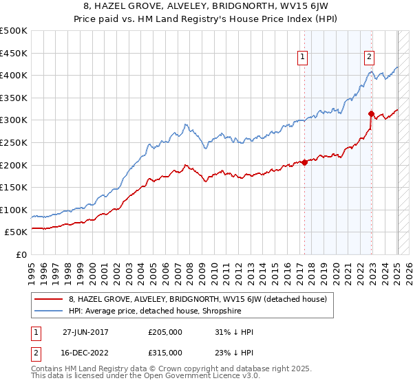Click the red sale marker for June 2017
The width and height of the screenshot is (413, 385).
tap(304, 163)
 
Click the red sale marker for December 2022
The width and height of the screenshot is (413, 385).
tap(371, 113)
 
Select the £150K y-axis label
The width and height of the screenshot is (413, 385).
tap(14, 187)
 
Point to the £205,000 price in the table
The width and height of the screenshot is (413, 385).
tap(165, 331)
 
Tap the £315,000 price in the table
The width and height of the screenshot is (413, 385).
tap(165, 352)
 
